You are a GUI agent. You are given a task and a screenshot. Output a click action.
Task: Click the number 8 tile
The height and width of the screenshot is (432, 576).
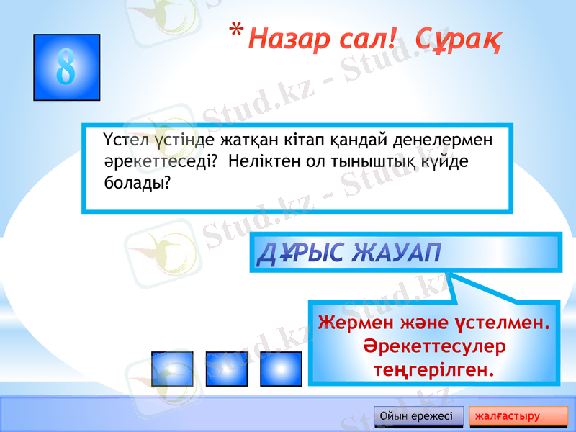point(66,67)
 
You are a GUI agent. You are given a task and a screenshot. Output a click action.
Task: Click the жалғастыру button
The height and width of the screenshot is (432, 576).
point(518,416)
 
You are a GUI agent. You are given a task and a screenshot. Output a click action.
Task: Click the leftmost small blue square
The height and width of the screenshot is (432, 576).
point(172,369)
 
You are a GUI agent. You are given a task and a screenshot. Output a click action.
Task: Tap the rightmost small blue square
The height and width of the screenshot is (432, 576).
point(281,369)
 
